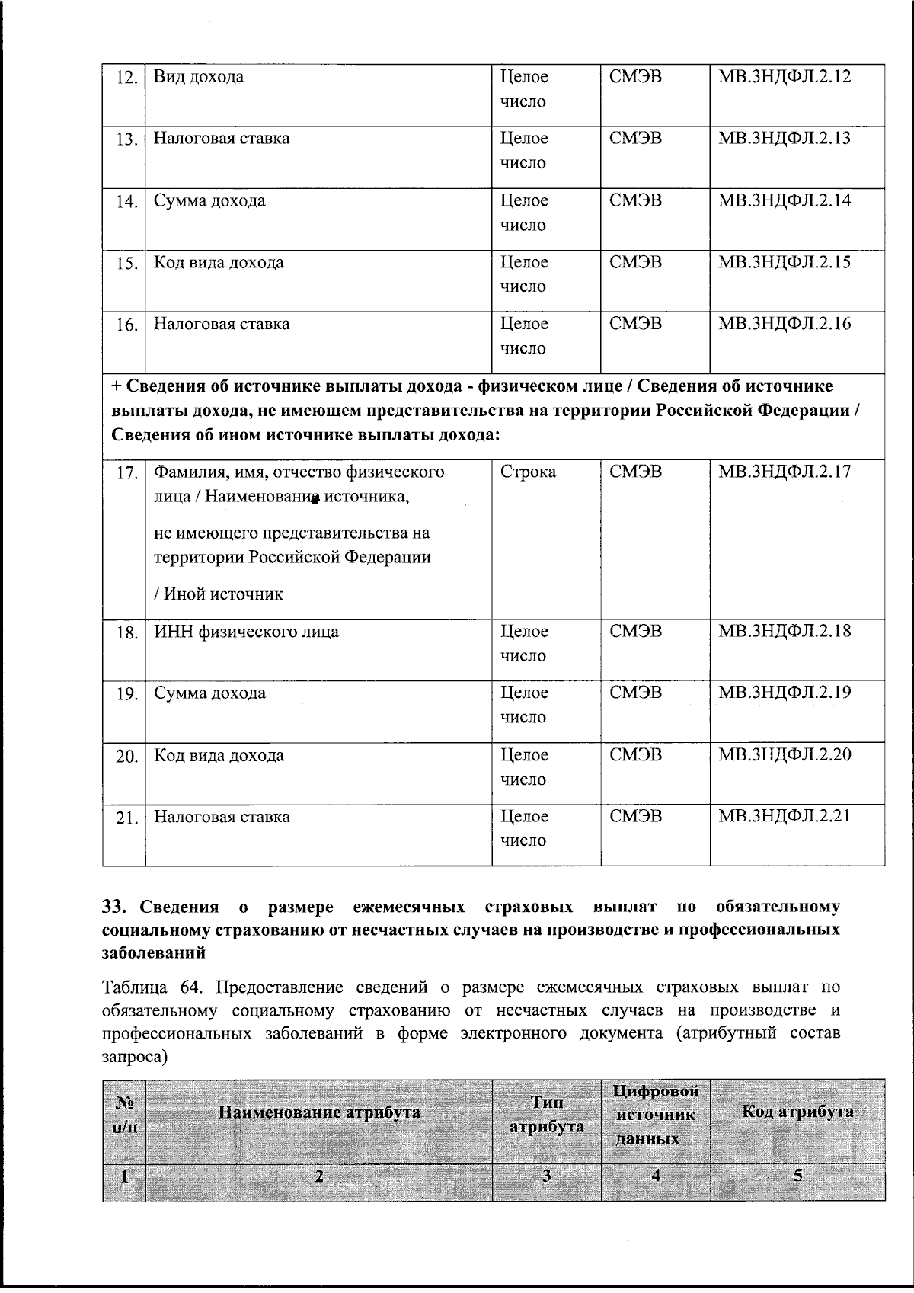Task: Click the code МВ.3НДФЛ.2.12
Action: [785, 76]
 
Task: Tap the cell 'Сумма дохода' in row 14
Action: [209, 201]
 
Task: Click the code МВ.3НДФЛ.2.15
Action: [785, 262]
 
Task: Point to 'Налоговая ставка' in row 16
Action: [222, 324]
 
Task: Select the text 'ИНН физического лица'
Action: [246, 632]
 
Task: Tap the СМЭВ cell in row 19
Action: [636, 693]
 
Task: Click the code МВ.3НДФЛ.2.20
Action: [785, 754]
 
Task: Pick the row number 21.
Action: [126, 818]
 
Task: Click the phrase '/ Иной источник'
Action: [219, 594]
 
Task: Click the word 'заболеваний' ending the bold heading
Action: [154, 952]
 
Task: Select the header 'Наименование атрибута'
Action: [319, 1112]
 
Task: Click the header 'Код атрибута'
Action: [797, 1112]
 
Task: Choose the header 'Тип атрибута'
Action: [547, 1115]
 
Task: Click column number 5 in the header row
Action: [797, 1175]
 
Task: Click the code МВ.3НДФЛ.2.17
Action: [785, 472]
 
